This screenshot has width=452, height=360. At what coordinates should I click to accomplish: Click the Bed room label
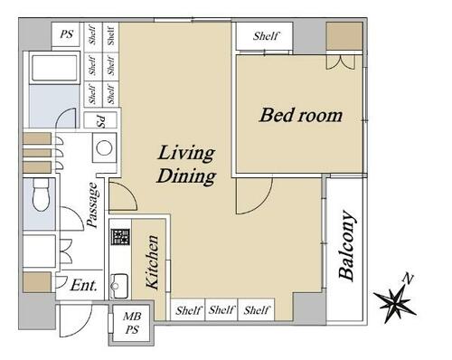coord(301,116)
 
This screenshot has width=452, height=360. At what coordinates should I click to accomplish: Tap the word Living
coord(186,154)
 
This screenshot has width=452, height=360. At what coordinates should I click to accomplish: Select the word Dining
coord(186,176)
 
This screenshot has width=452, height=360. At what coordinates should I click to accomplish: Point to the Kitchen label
coord(152,261)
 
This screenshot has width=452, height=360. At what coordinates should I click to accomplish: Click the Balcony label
coord(346,245)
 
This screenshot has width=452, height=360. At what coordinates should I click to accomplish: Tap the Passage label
coord(92,204)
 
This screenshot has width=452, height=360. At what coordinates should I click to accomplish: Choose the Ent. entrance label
coord(84,285)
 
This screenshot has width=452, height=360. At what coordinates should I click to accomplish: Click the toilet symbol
coord(41,194)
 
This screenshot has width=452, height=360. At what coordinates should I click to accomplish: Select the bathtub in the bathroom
coord(54,68)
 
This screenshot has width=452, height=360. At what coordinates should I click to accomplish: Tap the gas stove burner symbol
coord(120,237)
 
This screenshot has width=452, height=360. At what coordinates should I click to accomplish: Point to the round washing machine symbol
coord(104,148)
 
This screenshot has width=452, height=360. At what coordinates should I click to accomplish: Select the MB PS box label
coord(132,323)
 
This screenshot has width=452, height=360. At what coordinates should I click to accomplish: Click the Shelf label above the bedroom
coord(265,36)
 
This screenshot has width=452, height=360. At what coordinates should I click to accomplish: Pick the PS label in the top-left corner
coord(66,33)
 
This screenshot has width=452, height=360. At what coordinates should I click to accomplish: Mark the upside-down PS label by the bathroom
coord(101,121)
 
